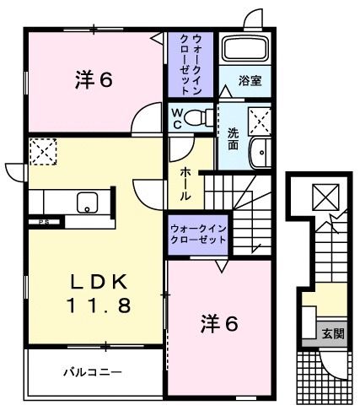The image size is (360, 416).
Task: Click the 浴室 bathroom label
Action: pos(250,82)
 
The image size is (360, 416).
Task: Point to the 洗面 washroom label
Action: pos(233,138)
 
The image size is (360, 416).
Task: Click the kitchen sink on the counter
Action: pos(88,203)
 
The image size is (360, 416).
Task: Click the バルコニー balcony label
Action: pos(93,371)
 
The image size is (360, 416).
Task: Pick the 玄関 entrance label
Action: pos(332,333)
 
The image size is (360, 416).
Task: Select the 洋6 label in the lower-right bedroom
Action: pos(218,322)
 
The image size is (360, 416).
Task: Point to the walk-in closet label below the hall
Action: pos(199,234)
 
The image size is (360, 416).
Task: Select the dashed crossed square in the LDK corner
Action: pos(41,152)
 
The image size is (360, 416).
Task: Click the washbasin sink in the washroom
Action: pos(261,157)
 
